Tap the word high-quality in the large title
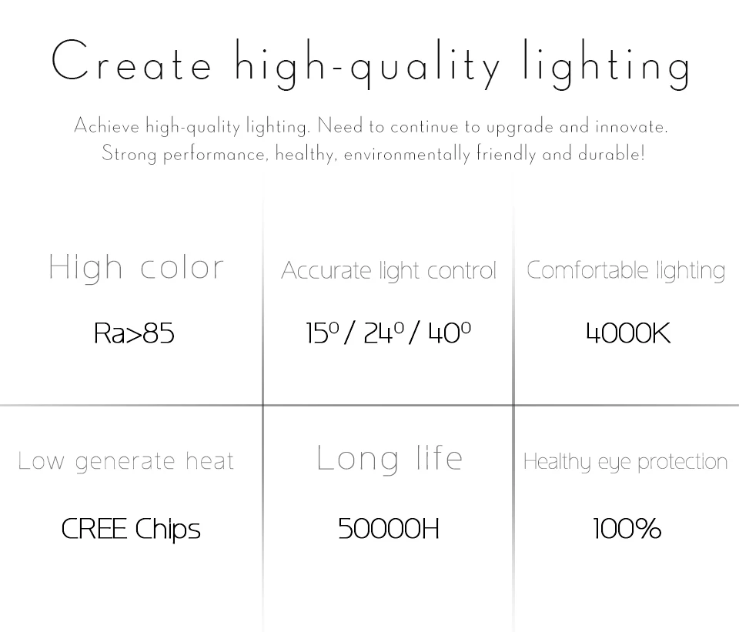point(367,64)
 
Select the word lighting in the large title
point(607,64)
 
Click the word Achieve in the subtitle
point(107,125)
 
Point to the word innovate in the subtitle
point(631,126)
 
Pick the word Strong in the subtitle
point(129,155)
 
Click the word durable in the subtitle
point(611,154)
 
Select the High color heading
point(135,268)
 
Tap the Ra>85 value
point(134,333)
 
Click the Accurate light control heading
point(388,271)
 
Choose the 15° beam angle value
point(323,333)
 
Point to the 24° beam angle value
point(384,333)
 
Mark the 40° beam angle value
point(449,333)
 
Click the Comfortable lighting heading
point(625,271)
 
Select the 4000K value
point(628,333)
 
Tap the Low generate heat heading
point(125,461)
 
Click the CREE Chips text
point(131,529)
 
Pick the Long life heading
point(390,459)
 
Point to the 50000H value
point(389,528)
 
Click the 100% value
point(627,528)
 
